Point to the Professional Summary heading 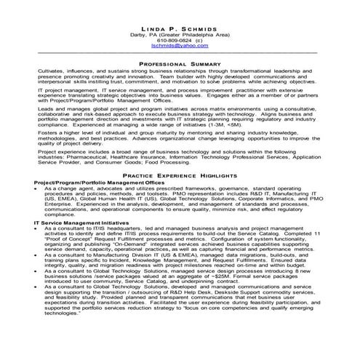coord(179,64)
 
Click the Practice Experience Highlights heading coord(179,177)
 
